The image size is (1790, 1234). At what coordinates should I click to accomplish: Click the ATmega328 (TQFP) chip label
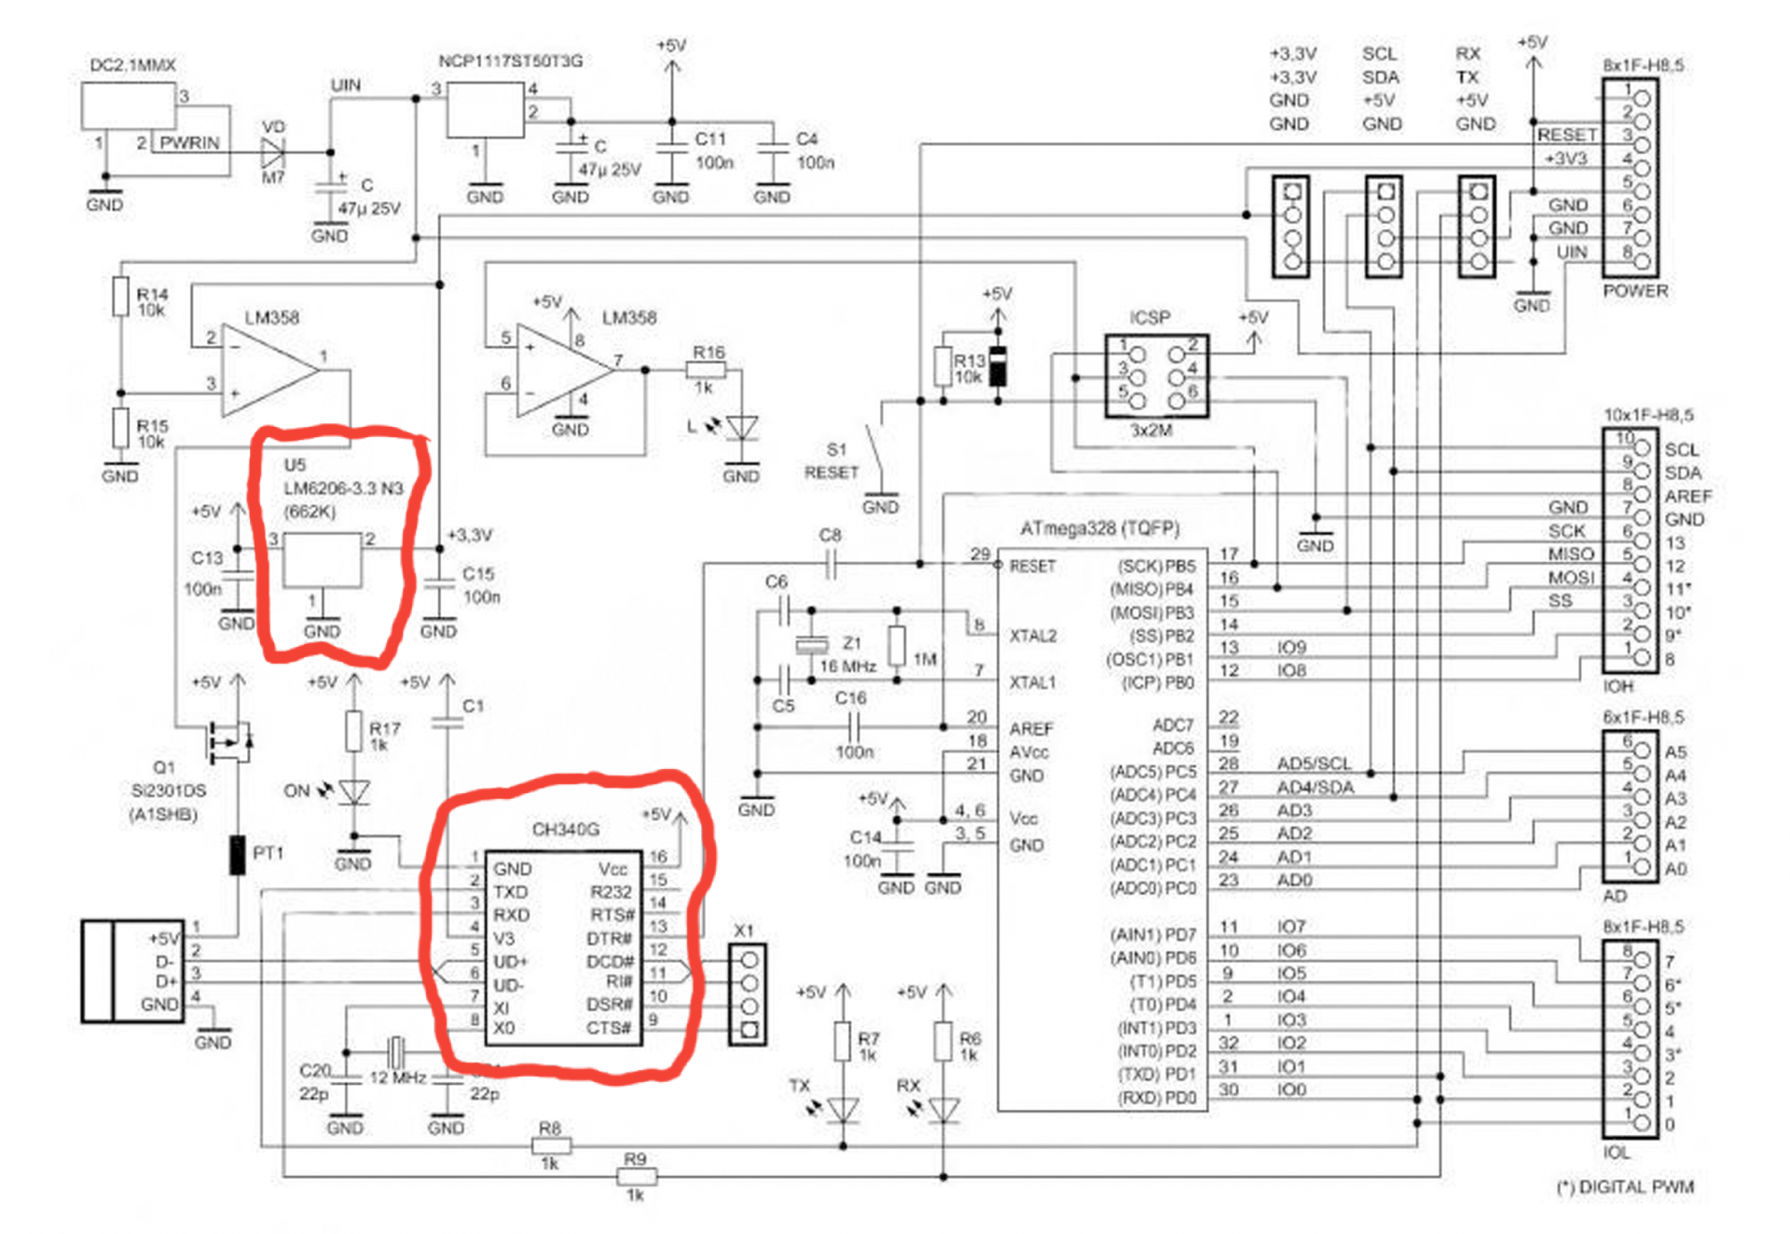[x=1099, y=528]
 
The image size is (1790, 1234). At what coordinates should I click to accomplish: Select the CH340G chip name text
[x=565, y=829]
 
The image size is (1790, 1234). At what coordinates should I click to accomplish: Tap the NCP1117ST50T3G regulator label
[x=511, y=62]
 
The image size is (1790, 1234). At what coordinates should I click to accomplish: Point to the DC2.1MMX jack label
[x=132, y=65]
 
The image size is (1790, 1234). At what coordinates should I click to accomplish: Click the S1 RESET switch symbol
[x=874, y=452]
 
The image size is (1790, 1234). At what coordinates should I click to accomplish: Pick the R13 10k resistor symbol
[x=943, y=365]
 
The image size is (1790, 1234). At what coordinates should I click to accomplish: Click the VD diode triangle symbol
[x=273, y=152]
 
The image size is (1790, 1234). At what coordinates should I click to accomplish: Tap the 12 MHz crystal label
[x=398, y=1077]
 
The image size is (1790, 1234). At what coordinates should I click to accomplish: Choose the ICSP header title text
[x=1150, y=318]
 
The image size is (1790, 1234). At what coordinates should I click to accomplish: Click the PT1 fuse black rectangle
[x=238, y=855]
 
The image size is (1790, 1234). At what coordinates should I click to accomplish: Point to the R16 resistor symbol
[x=705, y=370]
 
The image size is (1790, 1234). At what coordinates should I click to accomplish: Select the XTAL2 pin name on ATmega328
[x=1033, y=637]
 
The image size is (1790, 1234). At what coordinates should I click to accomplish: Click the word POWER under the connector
[x=1635, y=291]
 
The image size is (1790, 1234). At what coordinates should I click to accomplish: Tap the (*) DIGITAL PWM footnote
[x=1625, y=1186]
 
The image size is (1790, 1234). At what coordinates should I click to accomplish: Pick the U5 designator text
[x=295, y=465]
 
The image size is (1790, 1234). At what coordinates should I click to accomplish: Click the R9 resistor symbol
[x=637, y=1176]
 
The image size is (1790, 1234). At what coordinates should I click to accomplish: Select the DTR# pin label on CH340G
[x=611, y=939]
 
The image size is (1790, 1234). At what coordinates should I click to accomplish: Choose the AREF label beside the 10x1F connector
[x=1687, y=496]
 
